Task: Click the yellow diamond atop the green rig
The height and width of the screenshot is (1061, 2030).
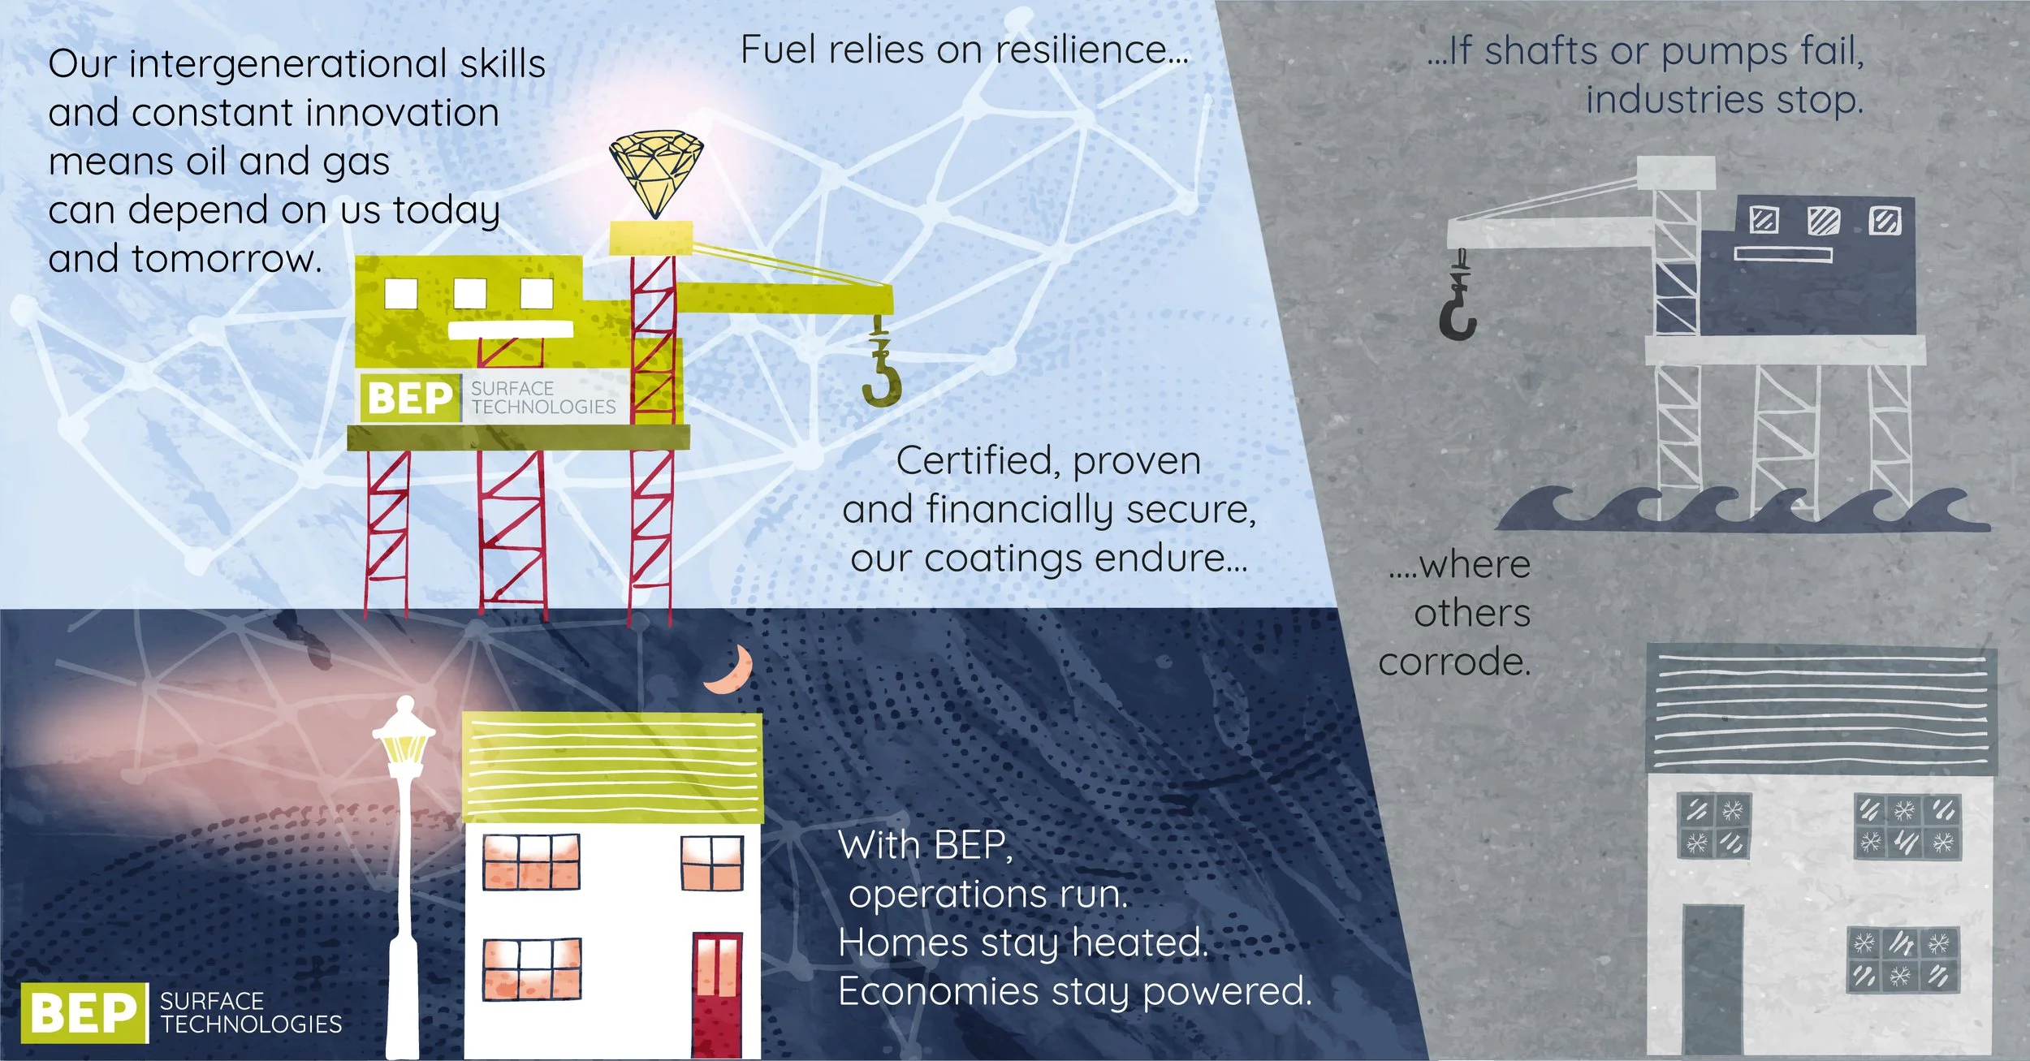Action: tap(656, 174)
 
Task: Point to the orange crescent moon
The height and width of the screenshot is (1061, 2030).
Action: tap(731, 670)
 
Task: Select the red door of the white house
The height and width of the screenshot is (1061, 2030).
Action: tap(716, 994)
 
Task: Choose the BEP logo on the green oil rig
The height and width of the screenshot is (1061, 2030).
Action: tap(410, 398)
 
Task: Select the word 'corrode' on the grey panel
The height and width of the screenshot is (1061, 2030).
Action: tap(1453, 662)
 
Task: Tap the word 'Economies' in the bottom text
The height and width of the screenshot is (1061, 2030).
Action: tap(938, 991)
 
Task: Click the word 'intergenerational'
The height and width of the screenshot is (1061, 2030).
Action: tap(288, 64)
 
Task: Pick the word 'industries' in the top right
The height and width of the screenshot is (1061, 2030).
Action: tap(1674, 101)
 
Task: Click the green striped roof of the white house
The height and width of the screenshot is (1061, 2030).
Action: tap(612, 767)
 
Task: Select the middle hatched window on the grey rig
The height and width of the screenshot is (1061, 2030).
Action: tap(1824, 220)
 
